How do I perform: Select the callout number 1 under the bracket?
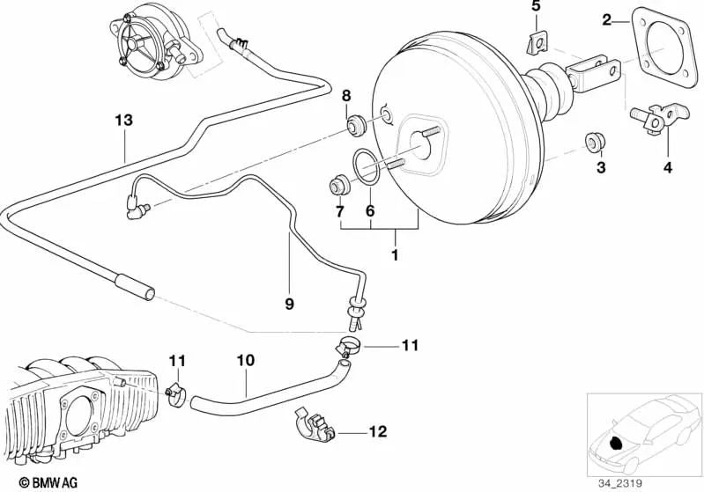[395, 256]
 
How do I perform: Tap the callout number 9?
[289, 304]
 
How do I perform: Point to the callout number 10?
[246, 360]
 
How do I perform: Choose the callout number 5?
[535, 8]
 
